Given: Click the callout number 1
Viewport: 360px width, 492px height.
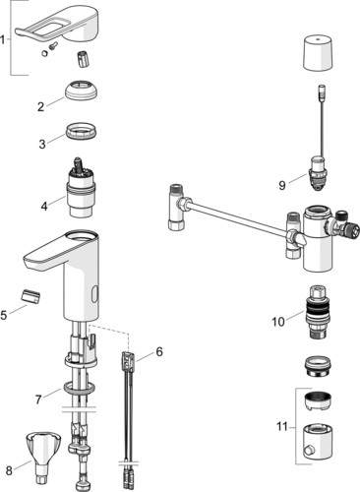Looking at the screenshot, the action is click(3, 40).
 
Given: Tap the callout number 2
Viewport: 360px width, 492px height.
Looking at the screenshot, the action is click(40, 107).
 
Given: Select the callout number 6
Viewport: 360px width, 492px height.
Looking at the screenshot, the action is click(159, 351).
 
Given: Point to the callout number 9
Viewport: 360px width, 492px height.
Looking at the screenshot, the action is click(282, 185).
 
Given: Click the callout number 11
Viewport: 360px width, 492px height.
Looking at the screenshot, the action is click(282, 427).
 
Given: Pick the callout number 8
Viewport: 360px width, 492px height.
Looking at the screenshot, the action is click(9, 470).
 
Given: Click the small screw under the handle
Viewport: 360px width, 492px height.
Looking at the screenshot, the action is click(53, 46).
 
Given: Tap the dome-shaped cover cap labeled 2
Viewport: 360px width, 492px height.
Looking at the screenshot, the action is click(82, 90).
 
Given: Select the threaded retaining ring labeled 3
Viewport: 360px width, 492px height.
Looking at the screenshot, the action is click(82, 132).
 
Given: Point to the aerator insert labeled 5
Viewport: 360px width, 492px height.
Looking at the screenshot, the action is click(30, 296).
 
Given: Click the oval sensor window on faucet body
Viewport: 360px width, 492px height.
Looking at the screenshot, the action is click(94, 294).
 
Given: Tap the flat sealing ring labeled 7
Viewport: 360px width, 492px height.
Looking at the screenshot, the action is click(80, 387).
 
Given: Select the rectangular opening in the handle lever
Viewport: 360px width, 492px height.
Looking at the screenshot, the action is click(54, 30).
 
